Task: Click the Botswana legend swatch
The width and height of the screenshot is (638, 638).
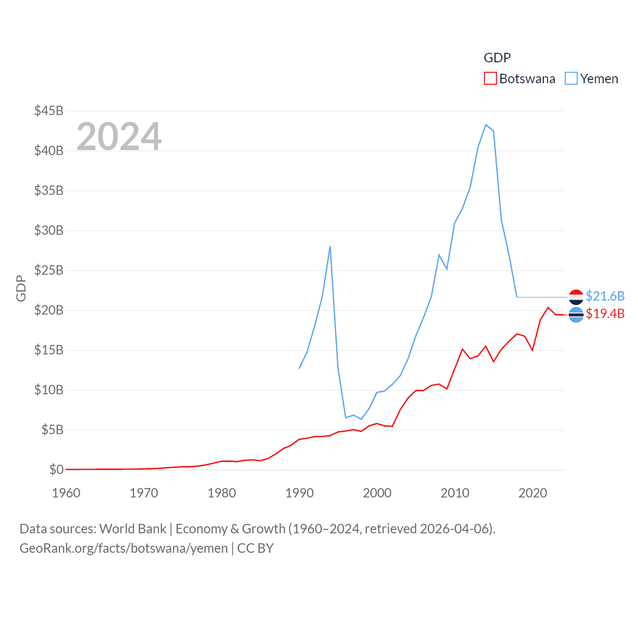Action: (490, 79)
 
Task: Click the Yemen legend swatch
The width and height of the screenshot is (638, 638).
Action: (571, 79)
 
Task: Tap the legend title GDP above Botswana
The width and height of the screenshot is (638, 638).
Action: (497, 58)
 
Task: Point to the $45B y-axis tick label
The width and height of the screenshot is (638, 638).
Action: (49, 111)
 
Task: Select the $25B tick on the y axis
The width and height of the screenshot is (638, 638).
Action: (49, 270)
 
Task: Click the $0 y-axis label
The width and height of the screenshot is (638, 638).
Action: (56, 470)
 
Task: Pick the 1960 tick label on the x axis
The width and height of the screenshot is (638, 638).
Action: (66, 493)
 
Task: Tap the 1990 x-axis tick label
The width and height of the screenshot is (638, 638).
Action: (300, 493)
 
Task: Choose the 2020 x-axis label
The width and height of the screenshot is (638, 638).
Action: (533, 493)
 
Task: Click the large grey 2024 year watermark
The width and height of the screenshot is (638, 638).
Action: (119, 136)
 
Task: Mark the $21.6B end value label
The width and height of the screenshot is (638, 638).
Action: (605, 296)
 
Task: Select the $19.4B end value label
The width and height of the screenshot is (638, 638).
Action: (605, 314)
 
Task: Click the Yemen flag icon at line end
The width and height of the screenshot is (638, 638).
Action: (576, 297)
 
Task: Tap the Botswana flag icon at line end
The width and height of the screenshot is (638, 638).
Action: (576, 315)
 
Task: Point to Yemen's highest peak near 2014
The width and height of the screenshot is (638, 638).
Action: (486, 125)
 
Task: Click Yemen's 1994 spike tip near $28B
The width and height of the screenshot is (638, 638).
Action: (330, 246)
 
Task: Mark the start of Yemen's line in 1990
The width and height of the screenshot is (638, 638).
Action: (299, 368)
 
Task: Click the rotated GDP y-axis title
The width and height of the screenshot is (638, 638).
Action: (21, 288)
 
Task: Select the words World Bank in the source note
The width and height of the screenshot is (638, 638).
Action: (133, 528)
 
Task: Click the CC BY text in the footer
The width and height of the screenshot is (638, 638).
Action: (255, 548)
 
